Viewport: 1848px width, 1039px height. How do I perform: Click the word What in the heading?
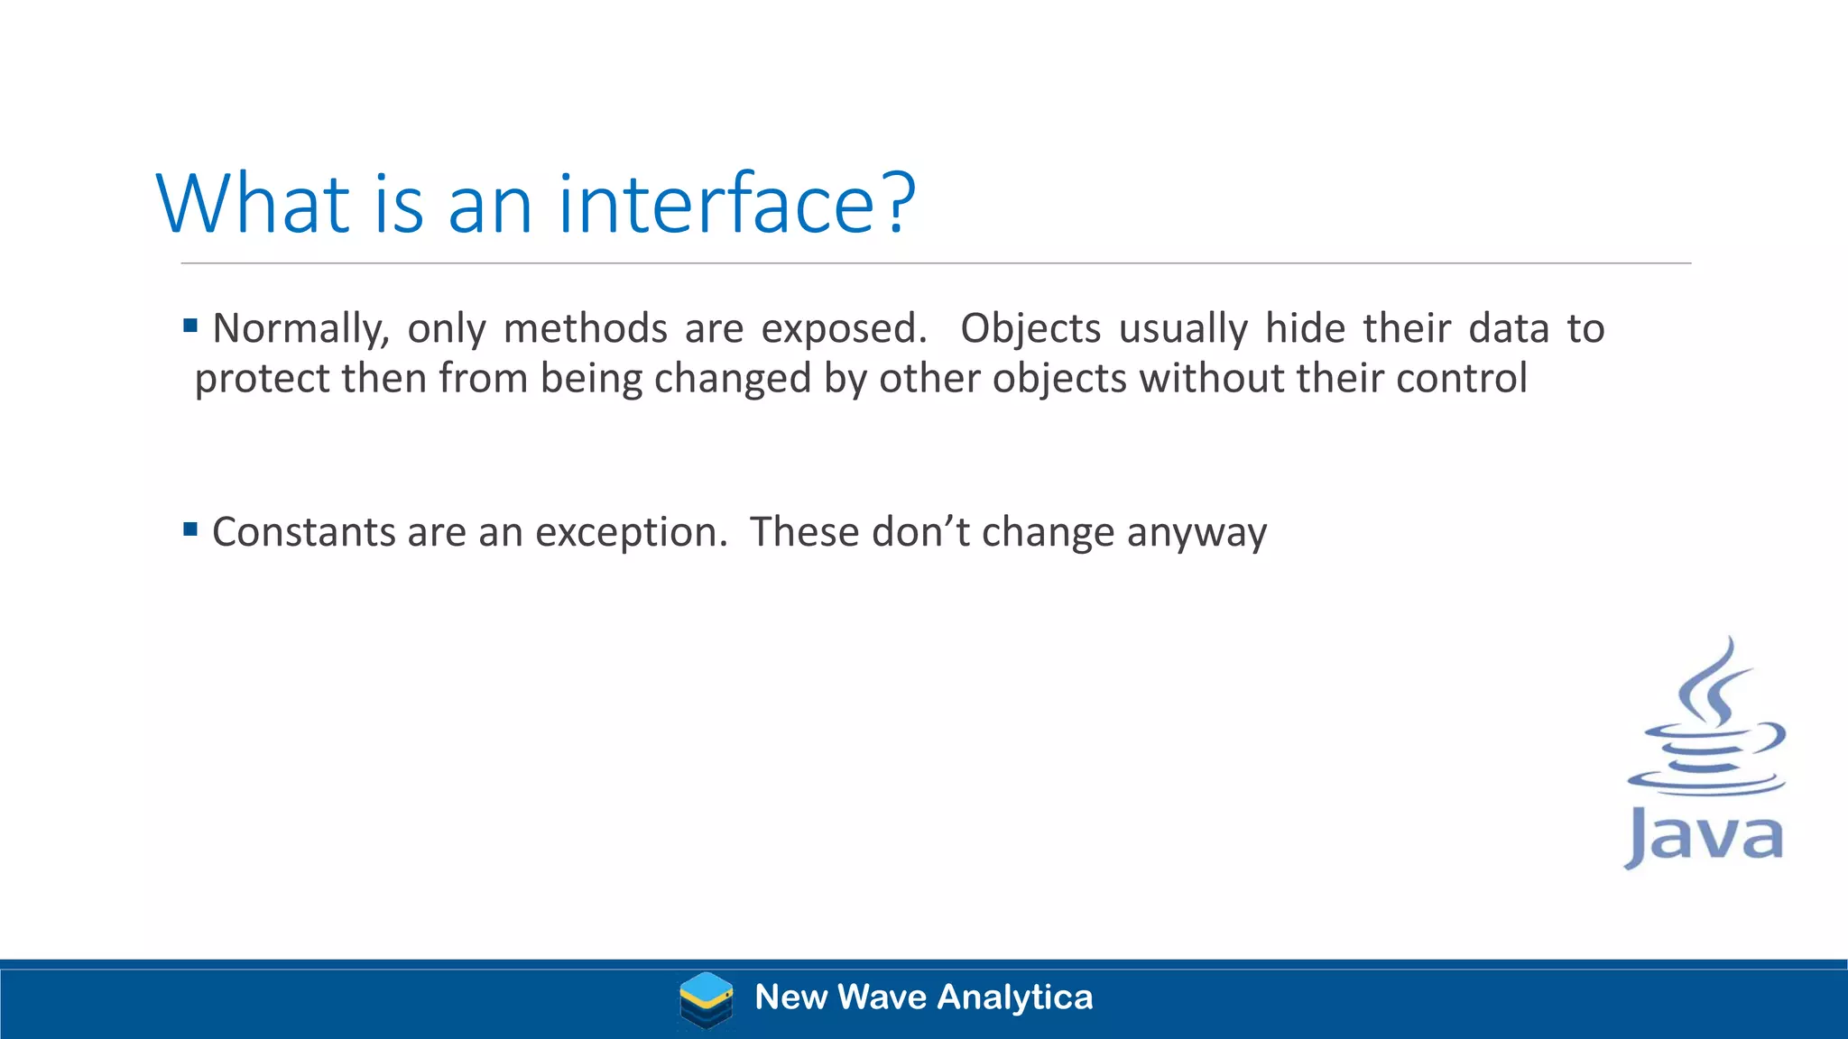253,205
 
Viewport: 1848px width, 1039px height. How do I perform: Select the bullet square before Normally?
190,326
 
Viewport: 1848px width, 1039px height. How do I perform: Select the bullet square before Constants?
190,529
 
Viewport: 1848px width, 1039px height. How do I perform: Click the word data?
1509,328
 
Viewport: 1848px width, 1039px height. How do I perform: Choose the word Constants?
303,532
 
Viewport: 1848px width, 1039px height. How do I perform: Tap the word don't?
920,532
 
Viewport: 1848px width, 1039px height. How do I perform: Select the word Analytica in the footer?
1015,998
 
